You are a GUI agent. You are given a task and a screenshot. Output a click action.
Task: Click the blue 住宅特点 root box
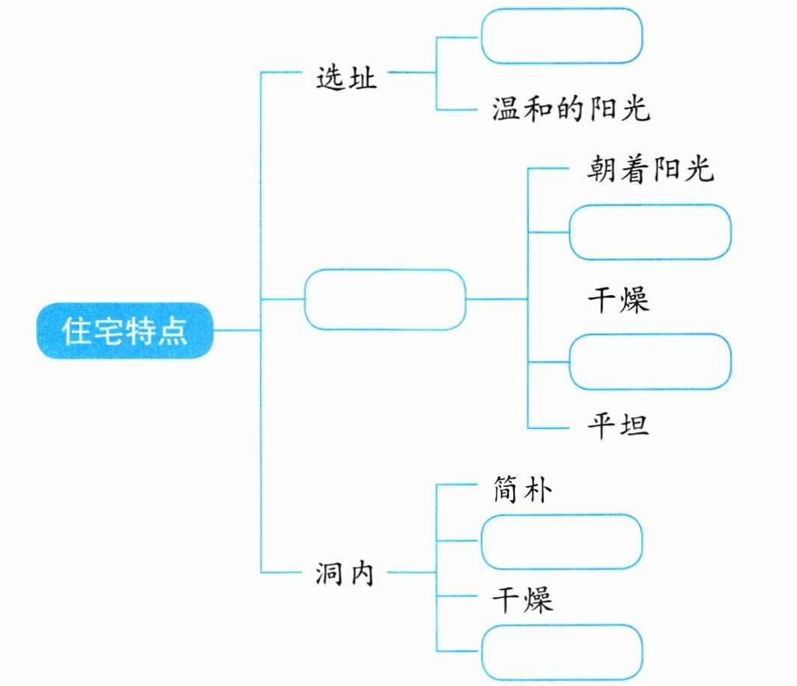tap(124, 330)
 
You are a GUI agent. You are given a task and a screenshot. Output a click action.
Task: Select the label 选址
tap(346, 78)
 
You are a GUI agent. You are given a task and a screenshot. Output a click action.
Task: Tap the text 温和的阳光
tap(571, 111)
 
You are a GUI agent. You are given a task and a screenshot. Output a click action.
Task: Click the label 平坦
tap(618, 427)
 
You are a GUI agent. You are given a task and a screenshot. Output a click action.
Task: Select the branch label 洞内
tap(343, 575)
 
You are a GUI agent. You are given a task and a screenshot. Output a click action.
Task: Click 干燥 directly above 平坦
tap(618, 300)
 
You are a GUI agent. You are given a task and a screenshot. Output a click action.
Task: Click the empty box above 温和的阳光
tap(561, 36)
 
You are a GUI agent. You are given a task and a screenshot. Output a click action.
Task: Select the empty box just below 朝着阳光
tap(649, 231)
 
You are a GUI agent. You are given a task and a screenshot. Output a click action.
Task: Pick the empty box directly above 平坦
tap(649, 362)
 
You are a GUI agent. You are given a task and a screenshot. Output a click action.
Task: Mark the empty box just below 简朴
tap(561, 541)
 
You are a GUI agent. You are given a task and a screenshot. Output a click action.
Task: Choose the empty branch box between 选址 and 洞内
tap(384, 300)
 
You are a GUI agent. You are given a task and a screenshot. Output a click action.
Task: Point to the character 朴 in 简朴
tap(539, 491)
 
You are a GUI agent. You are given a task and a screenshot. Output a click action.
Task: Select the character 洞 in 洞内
tap(327, 575)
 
